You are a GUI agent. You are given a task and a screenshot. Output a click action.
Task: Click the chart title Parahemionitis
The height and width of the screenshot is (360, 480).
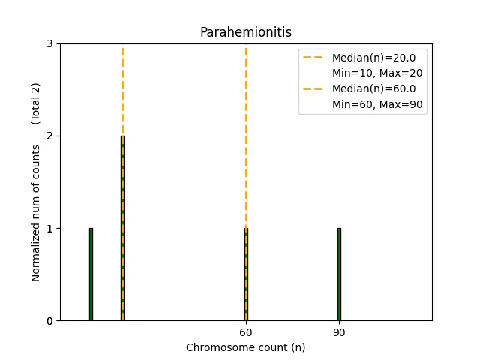pyautogui.click(x=245, y=32)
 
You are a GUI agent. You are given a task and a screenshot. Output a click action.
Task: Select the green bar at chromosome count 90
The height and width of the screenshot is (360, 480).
pyautogui.click(x=339, y=274)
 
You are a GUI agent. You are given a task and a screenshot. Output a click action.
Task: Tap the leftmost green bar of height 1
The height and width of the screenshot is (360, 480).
pyautogui.click(x=91, y=274)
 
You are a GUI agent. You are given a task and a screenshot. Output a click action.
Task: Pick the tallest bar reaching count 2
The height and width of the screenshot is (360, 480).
pyautogui.click(x=122, y=228)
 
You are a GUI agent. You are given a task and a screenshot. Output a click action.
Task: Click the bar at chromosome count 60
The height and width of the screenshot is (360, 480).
pyautogui.click(x=246, y=274)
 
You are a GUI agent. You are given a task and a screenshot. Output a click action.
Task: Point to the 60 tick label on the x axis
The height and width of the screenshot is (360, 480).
pyautogui.click(x=246, y=332)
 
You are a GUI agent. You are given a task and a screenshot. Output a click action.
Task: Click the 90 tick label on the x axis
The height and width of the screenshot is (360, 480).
pyautogui.click(x=339, y=332)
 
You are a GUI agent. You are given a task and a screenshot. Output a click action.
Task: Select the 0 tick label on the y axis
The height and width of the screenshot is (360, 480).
pyautogui.click(x=49, y=321)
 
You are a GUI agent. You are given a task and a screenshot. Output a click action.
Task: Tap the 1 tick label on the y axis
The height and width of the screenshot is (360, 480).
pyautogui.click(x=49, y=229)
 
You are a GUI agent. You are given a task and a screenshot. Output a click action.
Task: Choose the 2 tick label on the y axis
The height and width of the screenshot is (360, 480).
pyautogui.click(x=49, y=136)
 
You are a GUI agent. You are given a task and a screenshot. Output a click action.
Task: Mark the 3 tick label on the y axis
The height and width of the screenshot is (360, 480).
pyautogui.click(x=49, y=44)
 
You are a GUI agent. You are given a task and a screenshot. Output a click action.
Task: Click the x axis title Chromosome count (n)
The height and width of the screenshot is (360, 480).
pyautogui.click(x=245, y=347)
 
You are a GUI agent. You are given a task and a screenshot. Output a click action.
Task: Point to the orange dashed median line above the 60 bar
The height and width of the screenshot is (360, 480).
pyautogui.click(x=246, y=135)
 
